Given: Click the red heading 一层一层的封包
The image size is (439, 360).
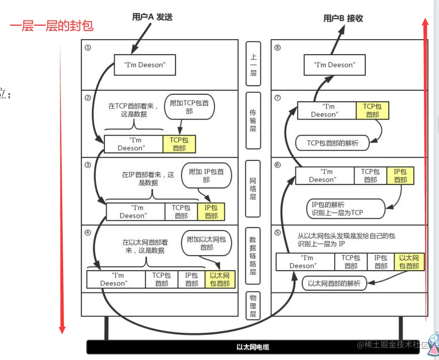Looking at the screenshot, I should [x=52, y=26].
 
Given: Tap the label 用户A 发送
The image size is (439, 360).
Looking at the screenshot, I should [x=152, y=17].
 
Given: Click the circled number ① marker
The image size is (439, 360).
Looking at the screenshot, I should [x=88, y=48].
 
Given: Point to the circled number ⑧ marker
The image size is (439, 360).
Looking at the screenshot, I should [x=278, y=48].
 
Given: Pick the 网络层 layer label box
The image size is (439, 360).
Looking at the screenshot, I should [x=253, y=188].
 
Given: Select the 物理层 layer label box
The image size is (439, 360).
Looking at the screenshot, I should [x=253, y=305].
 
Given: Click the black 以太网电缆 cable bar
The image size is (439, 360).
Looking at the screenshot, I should [x=253, y=347].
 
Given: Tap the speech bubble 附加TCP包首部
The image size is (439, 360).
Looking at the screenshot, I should [x=189, y=107].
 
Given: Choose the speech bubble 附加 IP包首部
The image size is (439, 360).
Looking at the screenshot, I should [x=206, y=176].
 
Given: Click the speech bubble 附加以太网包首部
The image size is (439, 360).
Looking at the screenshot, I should [x=206, y=243].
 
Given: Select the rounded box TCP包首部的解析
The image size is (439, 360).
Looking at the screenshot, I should [x=332, y=143].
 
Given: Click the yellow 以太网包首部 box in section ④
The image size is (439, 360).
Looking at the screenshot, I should [x=220, y=279].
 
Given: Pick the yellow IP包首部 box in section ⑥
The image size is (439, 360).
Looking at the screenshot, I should [x=400, y=176].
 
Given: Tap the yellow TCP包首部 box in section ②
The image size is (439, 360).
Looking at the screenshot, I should [x=179, y=144].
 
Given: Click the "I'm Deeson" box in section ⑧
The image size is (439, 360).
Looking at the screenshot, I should [x=335, y=65].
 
